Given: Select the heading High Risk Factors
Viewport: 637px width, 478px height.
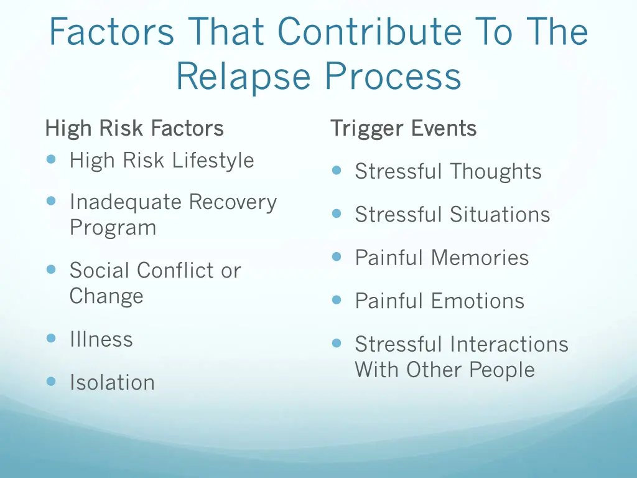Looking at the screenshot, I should coord(134,129).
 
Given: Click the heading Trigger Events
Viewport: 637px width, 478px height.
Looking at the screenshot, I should coord(403,129).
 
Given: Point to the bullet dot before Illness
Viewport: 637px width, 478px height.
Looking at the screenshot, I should coord(52,339).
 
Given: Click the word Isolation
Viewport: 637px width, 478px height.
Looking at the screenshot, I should coord(112,382).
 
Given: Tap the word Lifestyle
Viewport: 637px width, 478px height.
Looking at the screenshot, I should coord(213,161).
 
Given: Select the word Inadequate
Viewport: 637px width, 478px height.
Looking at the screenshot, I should coord(126,202).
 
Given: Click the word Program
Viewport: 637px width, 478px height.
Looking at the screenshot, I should coord(113,228).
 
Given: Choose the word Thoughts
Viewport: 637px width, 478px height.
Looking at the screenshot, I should coord(496,172).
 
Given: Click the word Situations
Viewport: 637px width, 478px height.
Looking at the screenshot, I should coord(500,215).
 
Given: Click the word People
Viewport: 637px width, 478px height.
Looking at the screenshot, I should coord(502,370).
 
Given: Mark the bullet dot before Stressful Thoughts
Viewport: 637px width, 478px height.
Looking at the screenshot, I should coord(337,171).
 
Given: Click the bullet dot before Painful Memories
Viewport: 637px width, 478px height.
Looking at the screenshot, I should coord(337,256).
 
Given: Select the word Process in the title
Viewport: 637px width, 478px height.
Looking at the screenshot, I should coord(393,77).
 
